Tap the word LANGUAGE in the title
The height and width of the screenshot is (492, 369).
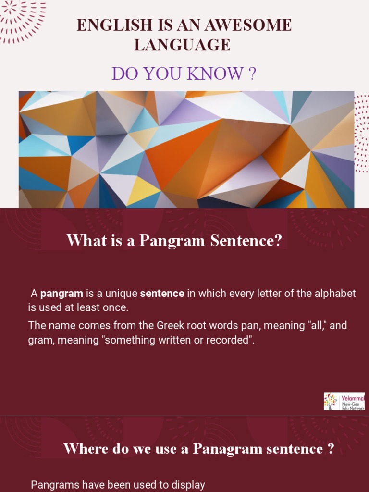pos(182,45)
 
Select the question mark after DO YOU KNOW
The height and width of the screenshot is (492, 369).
pos(251,74)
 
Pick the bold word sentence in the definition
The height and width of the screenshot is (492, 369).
pos(162,293)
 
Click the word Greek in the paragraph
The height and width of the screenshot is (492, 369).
pos(169,325)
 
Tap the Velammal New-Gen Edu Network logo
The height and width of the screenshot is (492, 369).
pos(344,401)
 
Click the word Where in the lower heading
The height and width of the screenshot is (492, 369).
pos(80,449)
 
